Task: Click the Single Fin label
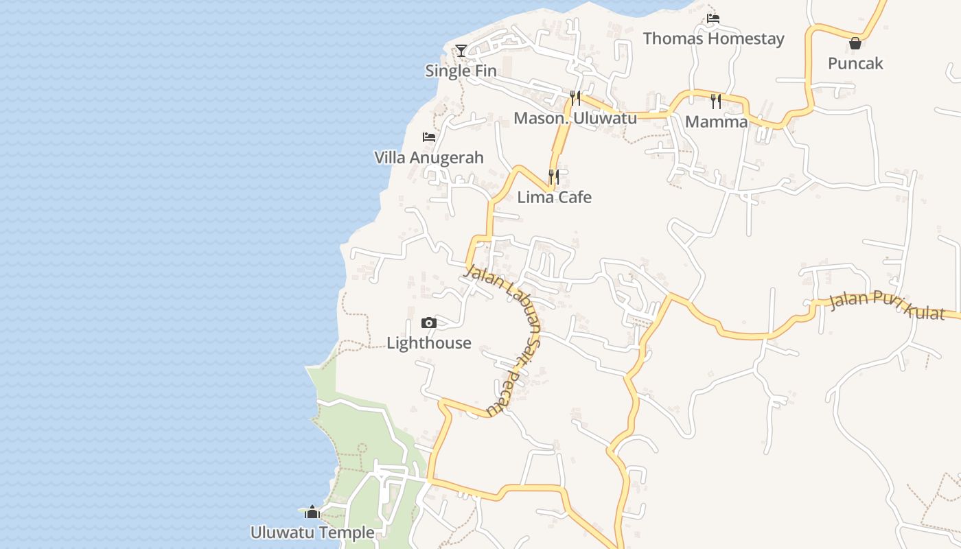[461, 71]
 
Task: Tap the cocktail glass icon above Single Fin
[461, 50]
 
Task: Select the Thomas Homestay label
[713, 38]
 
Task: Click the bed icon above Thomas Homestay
[713, 19]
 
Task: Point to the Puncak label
[855, 63]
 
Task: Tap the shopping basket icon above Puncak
[855, 43]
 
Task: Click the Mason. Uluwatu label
[575, 118]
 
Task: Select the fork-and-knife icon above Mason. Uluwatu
[575, 98]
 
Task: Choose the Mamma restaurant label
[716, 121]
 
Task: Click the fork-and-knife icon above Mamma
[716, 102]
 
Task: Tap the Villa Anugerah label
[429, 157]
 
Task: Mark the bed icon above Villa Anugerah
[429, 137]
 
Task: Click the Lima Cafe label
[554, 197]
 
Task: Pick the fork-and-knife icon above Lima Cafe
[554, 177]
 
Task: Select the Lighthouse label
[429, 342]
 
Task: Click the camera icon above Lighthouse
[429, 323]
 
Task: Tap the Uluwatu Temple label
[312, 533]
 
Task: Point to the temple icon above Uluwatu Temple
[312, 512]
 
